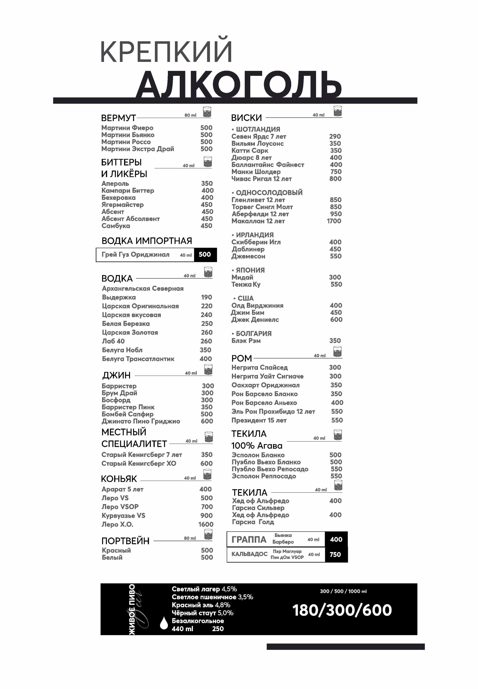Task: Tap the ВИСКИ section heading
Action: pos(246,118)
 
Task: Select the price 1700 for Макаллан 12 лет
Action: pos(334,221)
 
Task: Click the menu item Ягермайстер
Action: pos(123,205)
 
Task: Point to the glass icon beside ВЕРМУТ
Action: pos(207,112)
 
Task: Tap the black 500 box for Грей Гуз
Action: pos(205,255)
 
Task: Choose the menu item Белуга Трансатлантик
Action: pos(138,359)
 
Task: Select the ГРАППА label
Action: pos(249,539)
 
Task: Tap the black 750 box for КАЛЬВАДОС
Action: pos(335,554)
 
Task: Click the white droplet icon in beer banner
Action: pos(164,623)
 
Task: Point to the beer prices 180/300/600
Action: pos(342,610)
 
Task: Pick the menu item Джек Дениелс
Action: pos(255,319)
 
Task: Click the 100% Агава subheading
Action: pos(257,446)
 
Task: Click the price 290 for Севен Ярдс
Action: pos(335,136)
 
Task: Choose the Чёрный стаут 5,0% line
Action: pos(202,613)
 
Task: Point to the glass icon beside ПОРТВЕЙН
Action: pos(208,534)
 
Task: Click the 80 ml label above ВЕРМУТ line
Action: pos(190,115)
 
